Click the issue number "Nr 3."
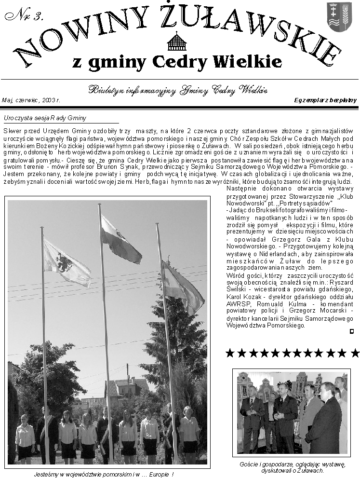tap(24, 15)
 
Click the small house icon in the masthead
tap(176, 42)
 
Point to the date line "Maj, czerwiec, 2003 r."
tap(31, 100)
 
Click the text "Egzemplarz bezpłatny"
tap(325, 100)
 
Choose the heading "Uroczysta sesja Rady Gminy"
tap(44, 118)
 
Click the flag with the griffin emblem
tap(66, 263)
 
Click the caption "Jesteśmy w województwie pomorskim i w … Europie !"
tap(104, 474)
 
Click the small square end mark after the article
tap(352, 331)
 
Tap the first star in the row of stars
tap(230, 353)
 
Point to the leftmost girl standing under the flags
tap(24, 437)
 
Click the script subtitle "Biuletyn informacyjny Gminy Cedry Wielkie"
tap(178, 90)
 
